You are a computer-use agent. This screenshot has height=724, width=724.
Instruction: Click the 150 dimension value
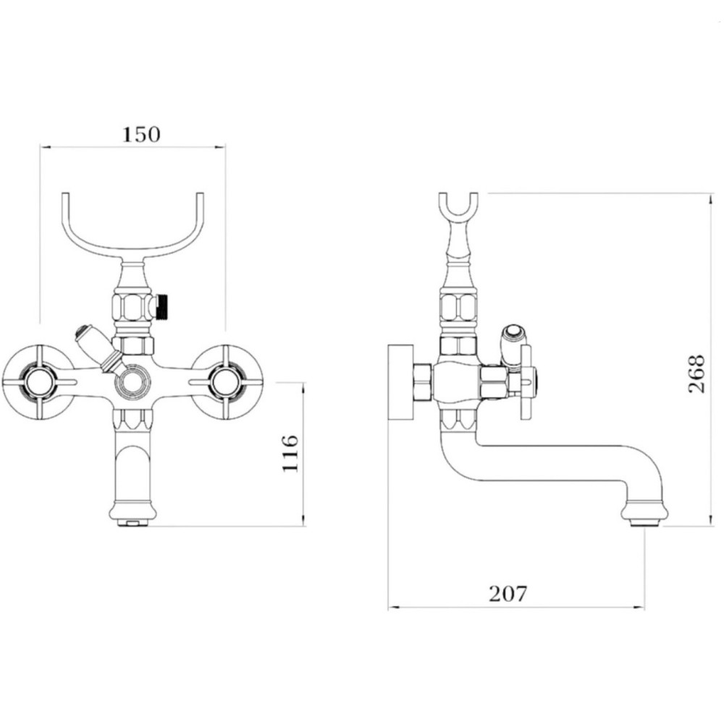(x=141, y=135)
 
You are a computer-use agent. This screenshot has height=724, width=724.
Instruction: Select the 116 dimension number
(x=290, y=453)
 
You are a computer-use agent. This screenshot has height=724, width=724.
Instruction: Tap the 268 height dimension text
(x=696, y=374)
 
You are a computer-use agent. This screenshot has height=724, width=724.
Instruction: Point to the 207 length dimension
(x=508, y=594)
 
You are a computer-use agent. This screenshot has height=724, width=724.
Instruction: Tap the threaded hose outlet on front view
(x=163, y=306)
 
